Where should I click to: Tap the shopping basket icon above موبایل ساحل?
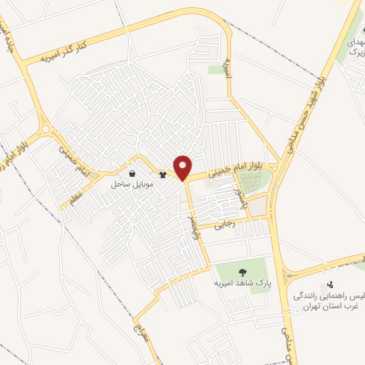(x=133, y=173)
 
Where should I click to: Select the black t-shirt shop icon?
(x=163, y=173)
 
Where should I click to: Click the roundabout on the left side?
(x=46, y=130)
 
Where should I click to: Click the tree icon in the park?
(x=242, y=272)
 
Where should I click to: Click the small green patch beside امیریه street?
(x=216, y=69)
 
